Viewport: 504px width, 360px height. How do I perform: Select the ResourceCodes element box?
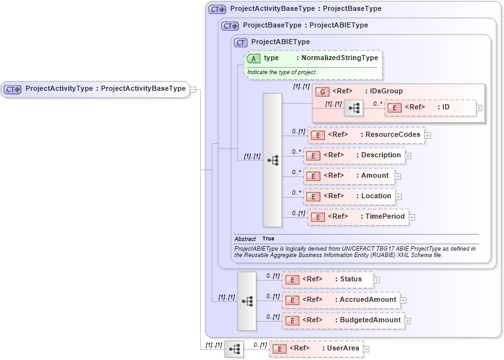click(366, 135)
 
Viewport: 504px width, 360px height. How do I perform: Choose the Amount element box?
click(349, 176)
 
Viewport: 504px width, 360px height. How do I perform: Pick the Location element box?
click(349, 196)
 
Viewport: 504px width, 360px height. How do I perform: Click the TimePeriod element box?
click(358, 217)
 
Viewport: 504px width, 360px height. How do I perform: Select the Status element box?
click(327, 279)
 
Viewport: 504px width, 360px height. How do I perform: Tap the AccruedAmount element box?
click(341, 300)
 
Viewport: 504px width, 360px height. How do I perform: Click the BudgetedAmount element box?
click(343, 320)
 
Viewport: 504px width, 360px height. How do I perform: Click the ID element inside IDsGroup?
click(430, 107)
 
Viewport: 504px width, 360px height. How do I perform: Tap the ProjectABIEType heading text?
click(280, 42)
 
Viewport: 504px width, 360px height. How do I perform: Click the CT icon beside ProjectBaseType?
click(230, 26)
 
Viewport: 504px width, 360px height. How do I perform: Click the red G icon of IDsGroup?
click(322, 91)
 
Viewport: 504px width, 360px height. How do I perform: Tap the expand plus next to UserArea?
click(366, 349)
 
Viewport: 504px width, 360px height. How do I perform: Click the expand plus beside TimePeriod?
click(412, 217)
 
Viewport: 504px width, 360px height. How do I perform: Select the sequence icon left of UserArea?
click(234, 348)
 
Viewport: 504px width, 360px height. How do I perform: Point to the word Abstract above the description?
click(245, 239)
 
